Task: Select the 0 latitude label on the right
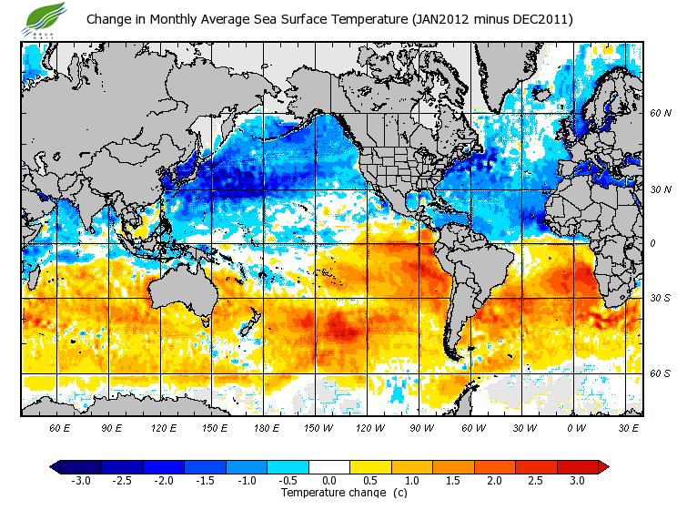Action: pyautogui.click(x=652, y=244)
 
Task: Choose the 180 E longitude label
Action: pyautogui.click(x=266, y=428)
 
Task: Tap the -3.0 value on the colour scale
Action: pyautogui.click(x=80, y=480)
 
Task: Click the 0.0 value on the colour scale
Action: pyautogui.click(x=328, y=480)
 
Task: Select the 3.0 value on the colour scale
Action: pyautogui.click(x=577, y=480)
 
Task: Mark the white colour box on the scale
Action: pyautogui.click(x=328, y=467)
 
